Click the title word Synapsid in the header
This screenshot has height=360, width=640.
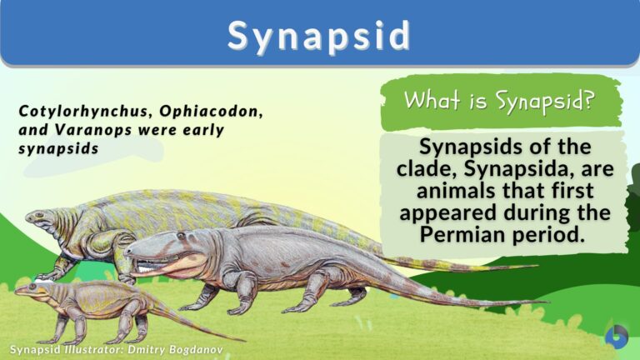[x=319, y=35]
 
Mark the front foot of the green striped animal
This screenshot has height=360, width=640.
[x=48, y=274]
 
